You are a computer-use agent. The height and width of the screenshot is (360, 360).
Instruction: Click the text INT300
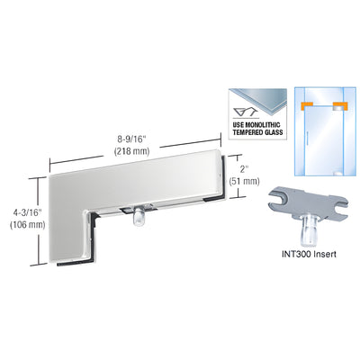pyautogui.click(x=292, y=255)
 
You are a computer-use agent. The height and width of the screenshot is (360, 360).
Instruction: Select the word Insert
pyautogui.click(x=323, y=255)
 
